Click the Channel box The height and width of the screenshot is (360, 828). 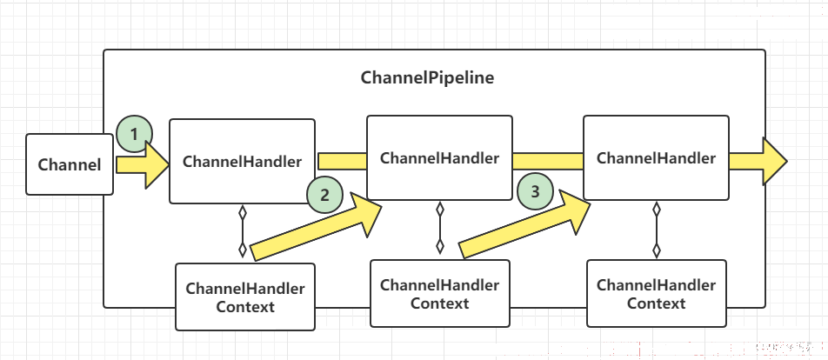click(70, 164)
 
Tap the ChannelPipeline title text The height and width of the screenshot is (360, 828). click(427, 78)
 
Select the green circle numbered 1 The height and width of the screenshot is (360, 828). click(135, 134)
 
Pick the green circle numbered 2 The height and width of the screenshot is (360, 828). click(324, 195)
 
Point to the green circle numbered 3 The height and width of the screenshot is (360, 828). click(536, 191)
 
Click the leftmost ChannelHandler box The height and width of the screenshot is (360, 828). click(242, 161)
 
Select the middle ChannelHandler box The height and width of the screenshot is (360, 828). click(439, 158)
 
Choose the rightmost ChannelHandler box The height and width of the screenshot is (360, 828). click(656, 158)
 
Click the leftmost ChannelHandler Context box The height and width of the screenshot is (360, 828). click(245, 297)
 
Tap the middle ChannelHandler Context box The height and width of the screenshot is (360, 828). click(440, 294)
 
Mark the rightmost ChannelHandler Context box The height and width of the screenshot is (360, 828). click(657, 294)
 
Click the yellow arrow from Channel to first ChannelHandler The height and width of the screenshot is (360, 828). click(143, 164)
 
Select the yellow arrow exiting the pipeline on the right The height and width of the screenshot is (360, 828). click(758, 161)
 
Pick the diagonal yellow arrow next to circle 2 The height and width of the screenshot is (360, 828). click(316, 226)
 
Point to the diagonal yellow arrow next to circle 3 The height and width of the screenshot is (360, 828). click(524, 224)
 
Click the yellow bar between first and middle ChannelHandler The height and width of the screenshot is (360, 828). click(342, 162)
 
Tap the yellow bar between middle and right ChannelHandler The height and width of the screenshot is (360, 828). click(548, 162)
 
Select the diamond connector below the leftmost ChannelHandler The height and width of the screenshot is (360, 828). click(243, 230)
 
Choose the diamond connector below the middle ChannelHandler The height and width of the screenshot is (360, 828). click(440, 228)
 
